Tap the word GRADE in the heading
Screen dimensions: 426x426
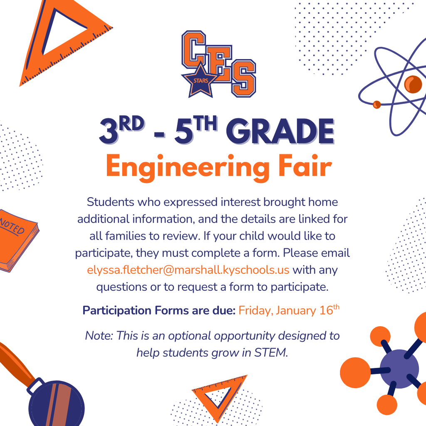(280, 131)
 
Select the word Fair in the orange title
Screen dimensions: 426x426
(305, 166)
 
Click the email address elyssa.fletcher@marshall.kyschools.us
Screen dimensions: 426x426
(188, 270)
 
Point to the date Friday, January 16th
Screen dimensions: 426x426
(289, 310)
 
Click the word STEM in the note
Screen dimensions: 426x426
(270, 353)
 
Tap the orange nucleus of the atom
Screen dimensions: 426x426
(413, 84)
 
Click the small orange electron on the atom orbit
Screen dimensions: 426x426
(377, 104)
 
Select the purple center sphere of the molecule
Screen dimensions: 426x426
(399, 369)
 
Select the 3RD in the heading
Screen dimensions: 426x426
(121, 130)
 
